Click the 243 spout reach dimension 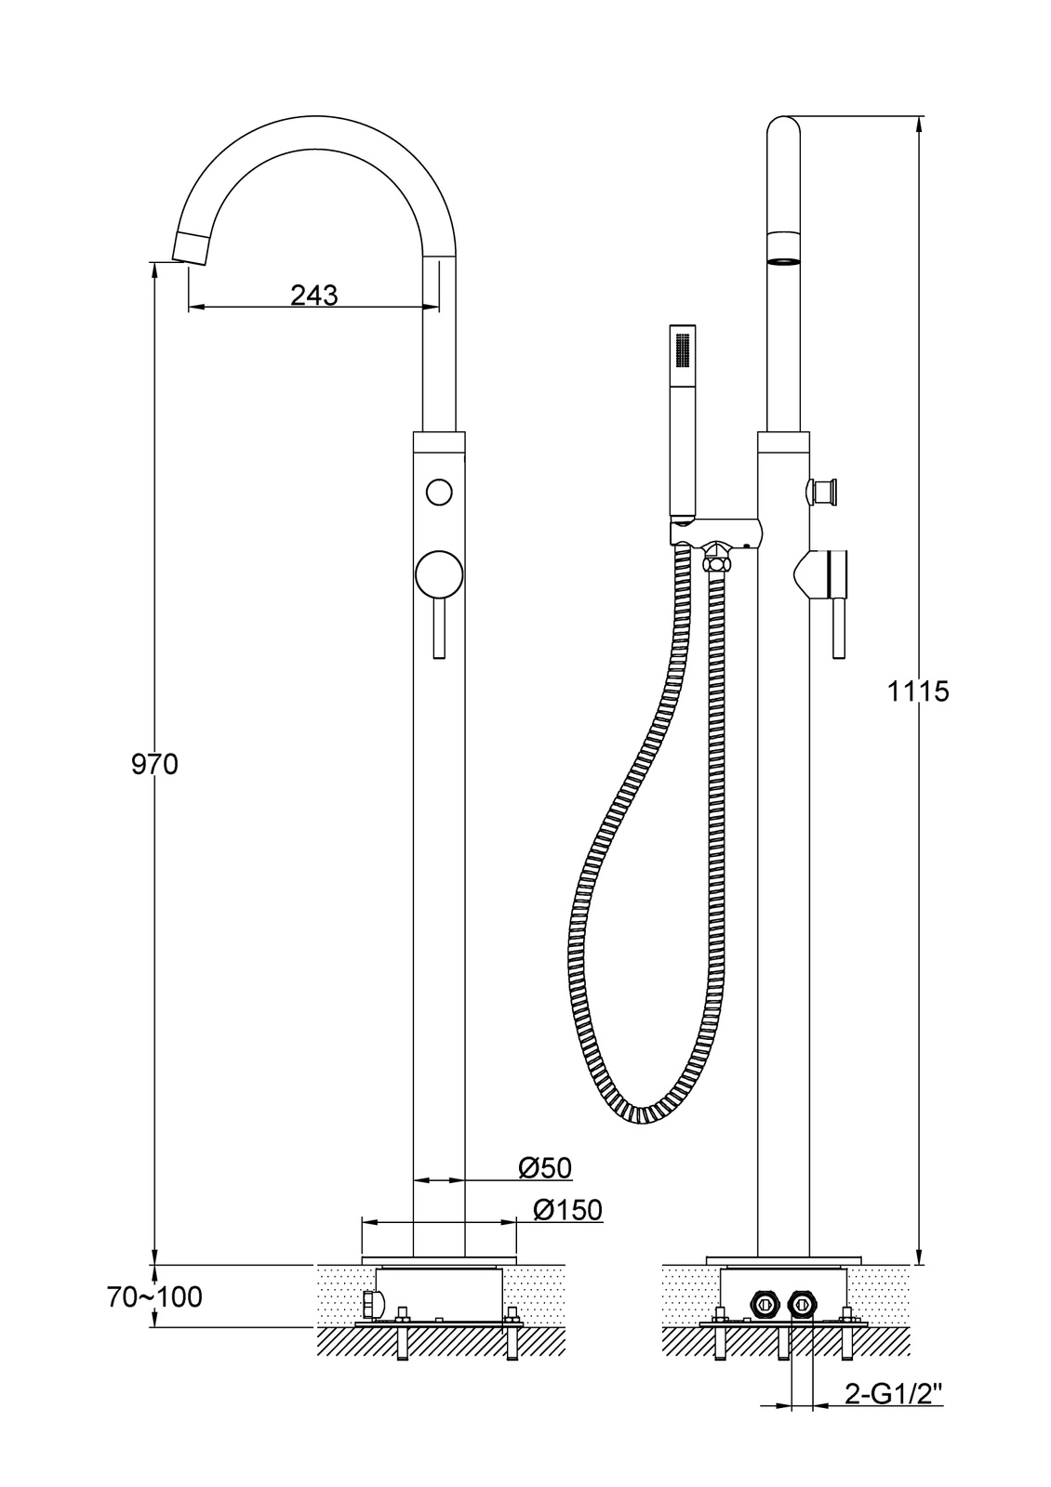pos(313,294)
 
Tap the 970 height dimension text pos(154,764)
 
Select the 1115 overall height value pos(919,691)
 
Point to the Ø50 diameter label pos(545,1167)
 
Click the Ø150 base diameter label pos(567,1209)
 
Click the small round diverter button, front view pos(439,492)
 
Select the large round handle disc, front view pos(439,574)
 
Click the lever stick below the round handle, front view pos(438,627)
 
